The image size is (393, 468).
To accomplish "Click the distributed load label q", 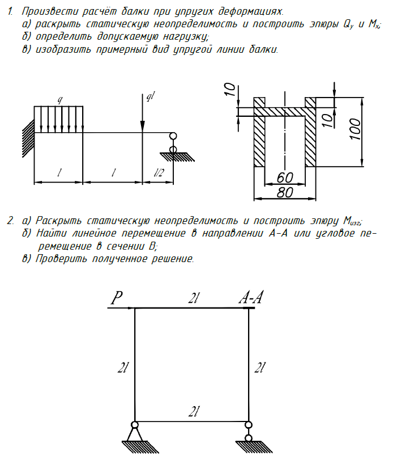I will pos(59,100).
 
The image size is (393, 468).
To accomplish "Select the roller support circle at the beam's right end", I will pos(173,136).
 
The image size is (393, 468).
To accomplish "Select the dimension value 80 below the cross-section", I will pos(284,192).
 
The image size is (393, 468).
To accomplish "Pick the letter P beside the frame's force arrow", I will pos(116,298).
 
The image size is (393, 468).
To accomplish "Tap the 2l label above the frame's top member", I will pos(194,298).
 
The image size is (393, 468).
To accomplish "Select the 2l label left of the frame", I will pos(122,368).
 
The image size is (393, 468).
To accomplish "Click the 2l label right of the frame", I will pos(260,368).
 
